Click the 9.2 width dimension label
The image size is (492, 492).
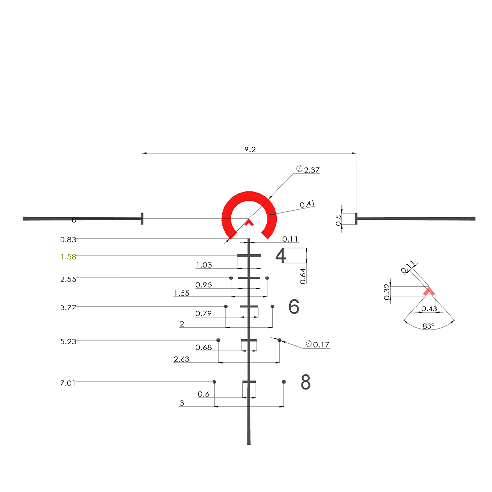tap(250, 149)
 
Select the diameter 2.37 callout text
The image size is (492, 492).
tap(308, 170)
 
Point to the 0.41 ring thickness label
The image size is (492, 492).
tap(307, 204)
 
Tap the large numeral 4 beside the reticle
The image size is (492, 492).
tap(280, 257)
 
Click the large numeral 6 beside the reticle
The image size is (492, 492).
tap(294, 307)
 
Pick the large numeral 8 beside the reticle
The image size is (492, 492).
tap(306, 382)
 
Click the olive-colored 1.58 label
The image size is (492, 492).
tap(68, 256)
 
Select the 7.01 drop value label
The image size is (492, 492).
tap(68, 382)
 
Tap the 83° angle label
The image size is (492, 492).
tap(428, 326)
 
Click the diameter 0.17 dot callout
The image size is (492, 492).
tap(317, 344)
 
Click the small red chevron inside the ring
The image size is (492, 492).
tap(249, 223)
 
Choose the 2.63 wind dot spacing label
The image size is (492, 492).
tap(182, 359)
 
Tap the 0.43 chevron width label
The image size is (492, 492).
tap(430, 308)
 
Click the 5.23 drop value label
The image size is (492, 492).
tap(68, 340)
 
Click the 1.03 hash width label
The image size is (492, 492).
tap(204, 265)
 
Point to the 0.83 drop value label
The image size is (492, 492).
tap(68, 239)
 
